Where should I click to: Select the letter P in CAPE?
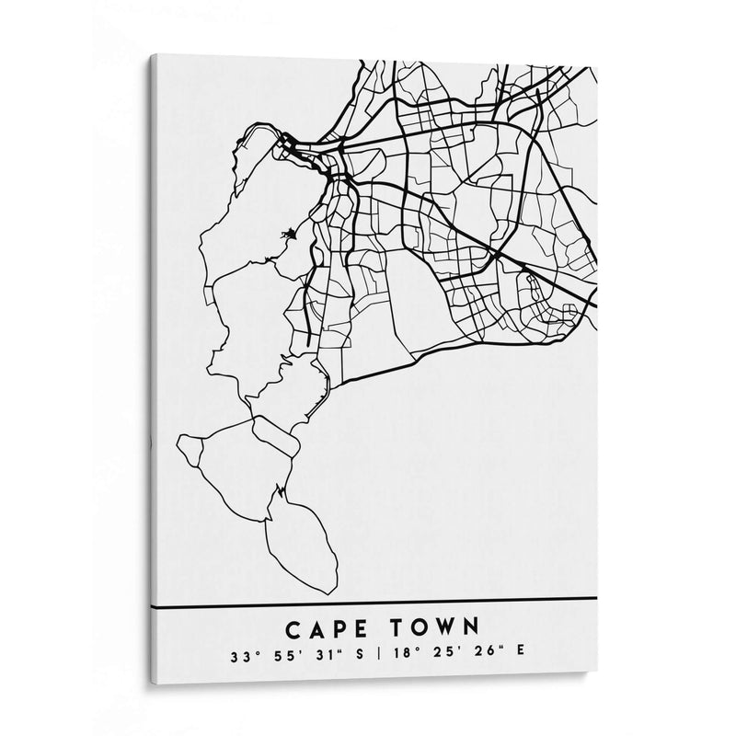click(x=339, y=630)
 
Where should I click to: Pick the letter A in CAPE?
click(x=316, y=630)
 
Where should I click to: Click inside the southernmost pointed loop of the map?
click(x=300, y=543)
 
